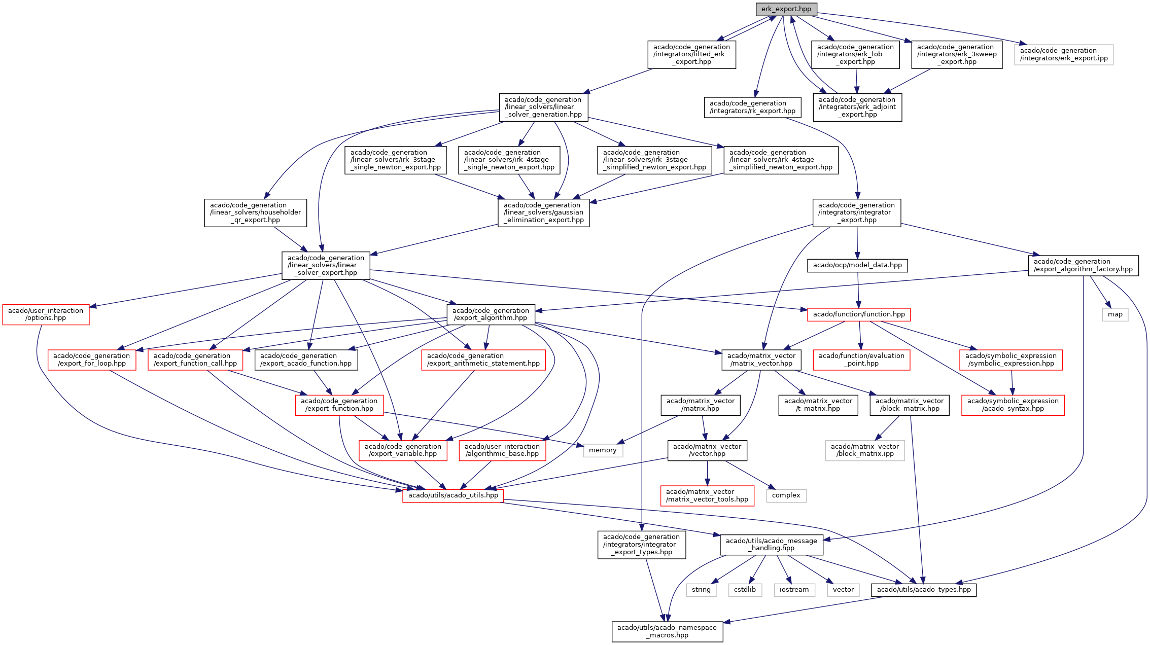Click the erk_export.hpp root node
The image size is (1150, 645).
point(786,9)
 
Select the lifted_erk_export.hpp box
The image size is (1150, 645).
point(691,54)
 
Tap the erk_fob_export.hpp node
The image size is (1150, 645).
point(855,54)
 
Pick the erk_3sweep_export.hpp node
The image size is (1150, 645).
point(956,54)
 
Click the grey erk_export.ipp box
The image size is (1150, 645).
point(1064,54)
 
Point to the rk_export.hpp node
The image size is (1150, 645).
point(752,107)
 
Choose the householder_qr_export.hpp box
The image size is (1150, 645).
point(255,212)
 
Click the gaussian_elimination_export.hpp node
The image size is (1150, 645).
point(543,212)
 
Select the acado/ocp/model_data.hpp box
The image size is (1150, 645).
point(857,265)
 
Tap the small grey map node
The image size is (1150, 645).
point(1115,314)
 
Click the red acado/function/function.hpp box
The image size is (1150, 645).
point(859,314)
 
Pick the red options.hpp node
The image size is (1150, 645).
point(46,314)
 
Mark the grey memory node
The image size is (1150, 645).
point(603,450)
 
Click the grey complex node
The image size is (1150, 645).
point(786,495)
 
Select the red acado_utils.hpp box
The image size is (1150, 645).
point(453,495)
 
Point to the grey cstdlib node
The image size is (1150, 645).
point(745,590)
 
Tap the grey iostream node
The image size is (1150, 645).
point(794,590)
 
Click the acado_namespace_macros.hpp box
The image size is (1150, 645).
point(667,631)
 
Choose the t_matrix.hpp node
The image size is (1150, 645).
point(818,405)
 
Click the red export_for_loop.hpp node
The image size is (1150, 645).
point(91,360)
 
